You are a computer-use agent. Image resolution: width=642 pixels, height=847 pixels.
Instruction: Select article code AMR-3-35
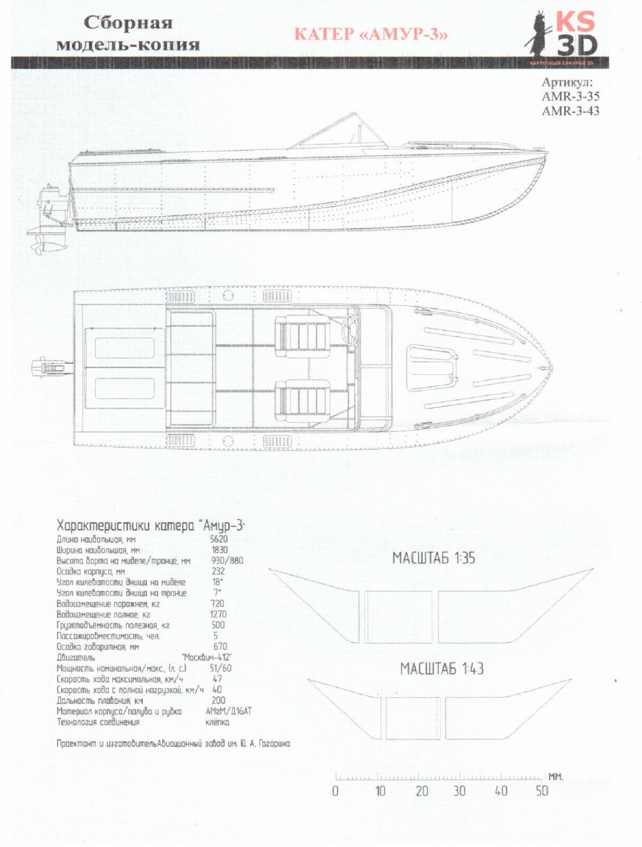tap(570, 96)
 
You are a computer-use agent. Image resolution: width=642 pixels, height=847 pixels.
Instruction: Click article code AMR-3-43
tap(570, 111)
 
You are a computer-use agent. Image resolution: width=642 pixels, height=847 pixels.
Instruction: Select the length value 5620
tap(219, 539)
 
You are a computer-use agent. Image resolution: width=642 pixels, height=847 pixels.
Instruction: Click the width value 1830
tap(220, 550)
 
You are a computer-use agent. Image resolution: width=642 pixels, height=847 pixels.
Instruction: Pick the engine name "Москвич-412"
tap(207, 657)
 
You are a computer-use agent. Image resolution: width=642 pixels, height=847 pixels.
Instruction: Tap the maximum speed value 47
tap(217, 678)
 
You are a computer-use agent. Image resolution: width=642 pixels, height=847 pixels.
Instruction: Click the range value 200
tap(218, 700)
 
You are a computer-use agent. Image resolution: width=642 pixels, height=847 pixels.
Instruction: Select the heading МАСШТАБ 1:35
tap(433, 558)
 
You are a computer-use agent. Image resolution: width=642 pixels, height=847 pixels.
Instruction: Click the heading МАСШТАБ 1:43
tap(442, 669)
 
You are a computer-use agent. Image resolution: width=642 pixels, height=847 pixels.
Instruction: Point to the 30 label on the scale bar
tap(460, 791)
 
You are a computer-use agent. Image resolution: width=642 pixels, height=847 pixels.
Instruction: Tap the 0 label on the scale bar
tap(335, 791)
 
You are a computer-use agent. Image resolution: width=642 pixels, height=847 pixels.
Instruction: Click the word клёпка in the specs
tap(217, 722)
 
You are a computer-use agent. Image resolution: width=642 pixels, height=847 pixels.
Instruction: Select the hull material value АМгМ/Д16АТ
tap(228, 711)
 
